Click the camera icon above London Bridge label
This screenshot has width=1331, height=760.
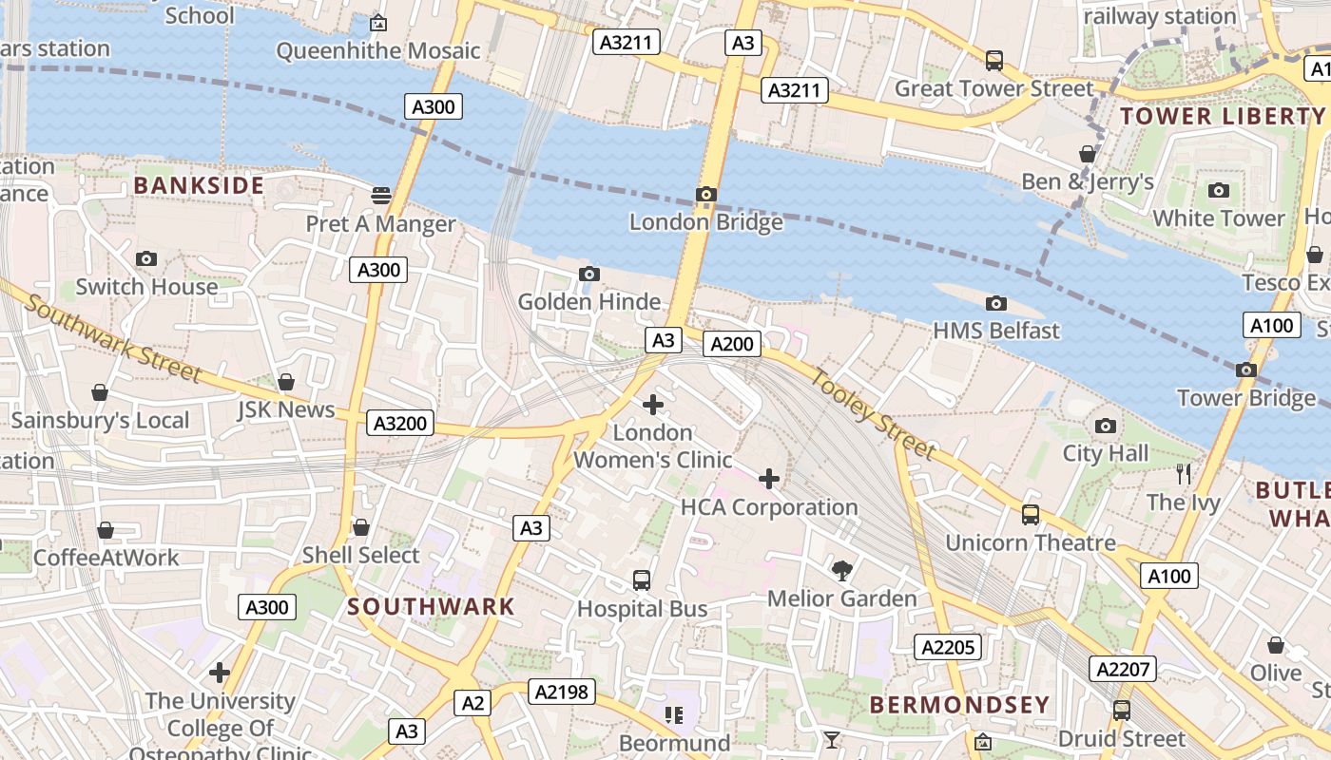[x=705, y=195]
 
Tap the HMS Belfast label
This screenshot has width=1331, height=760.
[x=996, y=331]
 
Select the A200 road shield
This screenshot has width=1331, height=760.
[x=732, y=344]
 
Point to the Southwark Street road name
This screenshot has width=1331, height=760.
[x=112, y=337]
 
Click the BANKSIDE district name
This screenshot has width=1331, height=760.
[x=199, y=185]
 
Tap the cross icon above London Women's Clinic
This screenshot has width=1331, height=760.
[x=653, y=405]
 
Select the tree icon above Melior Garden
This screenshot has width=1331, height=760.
[x=841, y=570]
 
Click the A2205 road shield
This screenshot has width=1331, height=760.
[x=947, y=647]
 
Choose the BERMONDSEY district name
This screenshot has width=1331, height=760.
[x=959, y=705]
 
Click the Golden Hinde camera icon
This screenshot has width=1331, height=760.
[x=589, y=275]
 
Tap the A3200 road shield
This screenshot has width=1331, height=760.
[x=400, y=423]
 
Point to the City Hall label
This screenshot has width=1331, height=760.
[x=1106, y=453]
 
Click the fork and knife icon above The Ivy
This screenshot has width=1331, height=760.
[x=1184, y=473]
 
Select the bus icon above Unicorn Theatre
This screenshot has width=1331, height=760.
[x=1031, y=515]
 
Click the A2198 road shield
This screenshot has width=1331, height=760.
[x=562, y=693]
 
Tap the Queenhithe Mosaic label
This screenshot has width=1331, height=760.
[x=378, y=50]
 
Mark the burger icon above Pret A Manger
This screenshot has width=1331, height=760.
[x=381, y=196]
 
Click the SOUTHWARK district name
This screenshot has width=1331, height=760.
[x=431, y=606]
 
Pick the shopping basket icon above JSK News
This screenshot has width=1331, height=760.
[x=286, y=382]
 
